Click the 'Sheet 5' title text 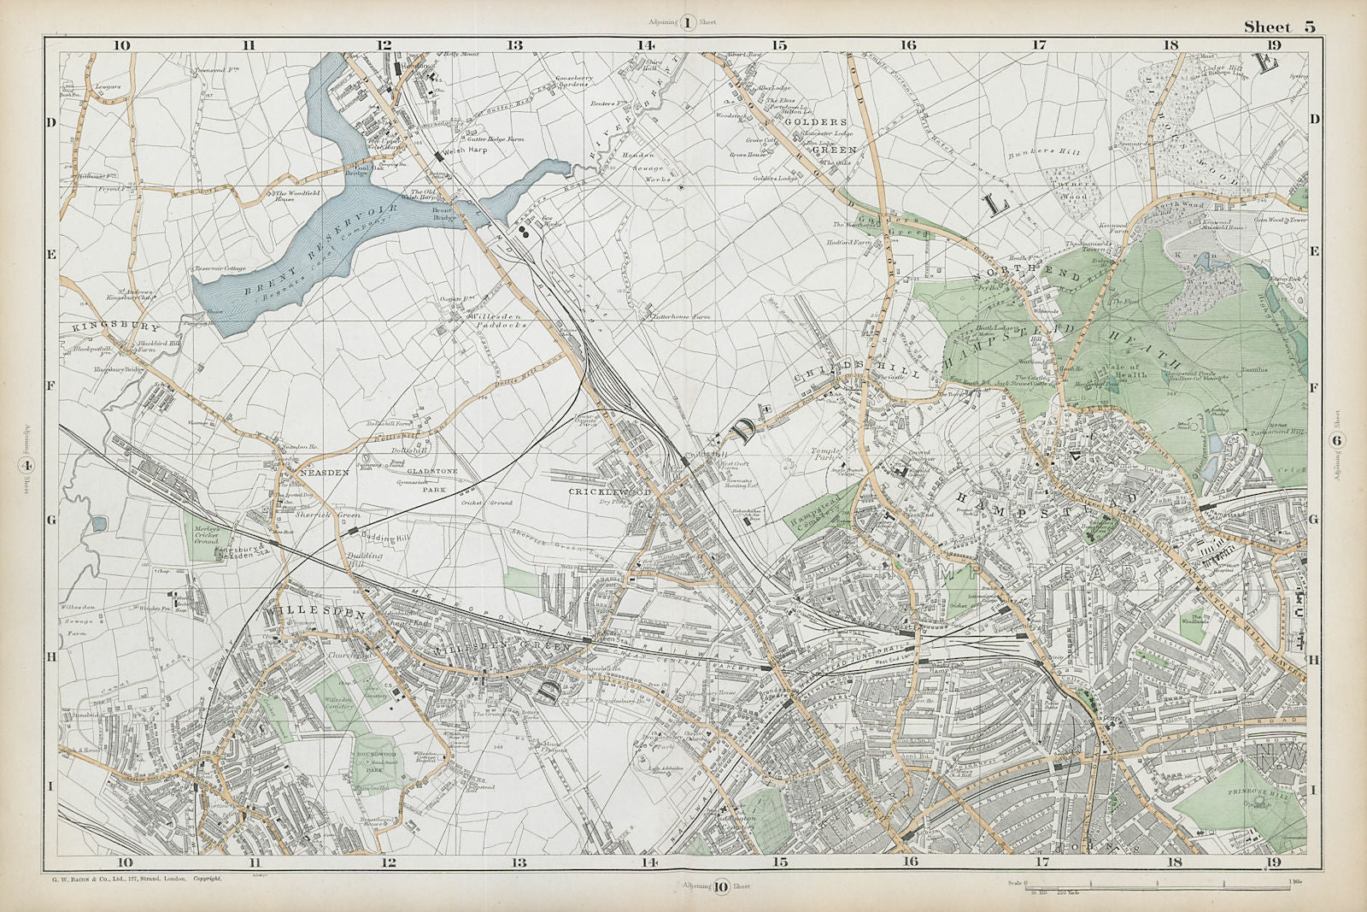1279,26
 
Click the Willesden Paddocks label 490,322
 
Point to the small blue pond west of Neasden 97,522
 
